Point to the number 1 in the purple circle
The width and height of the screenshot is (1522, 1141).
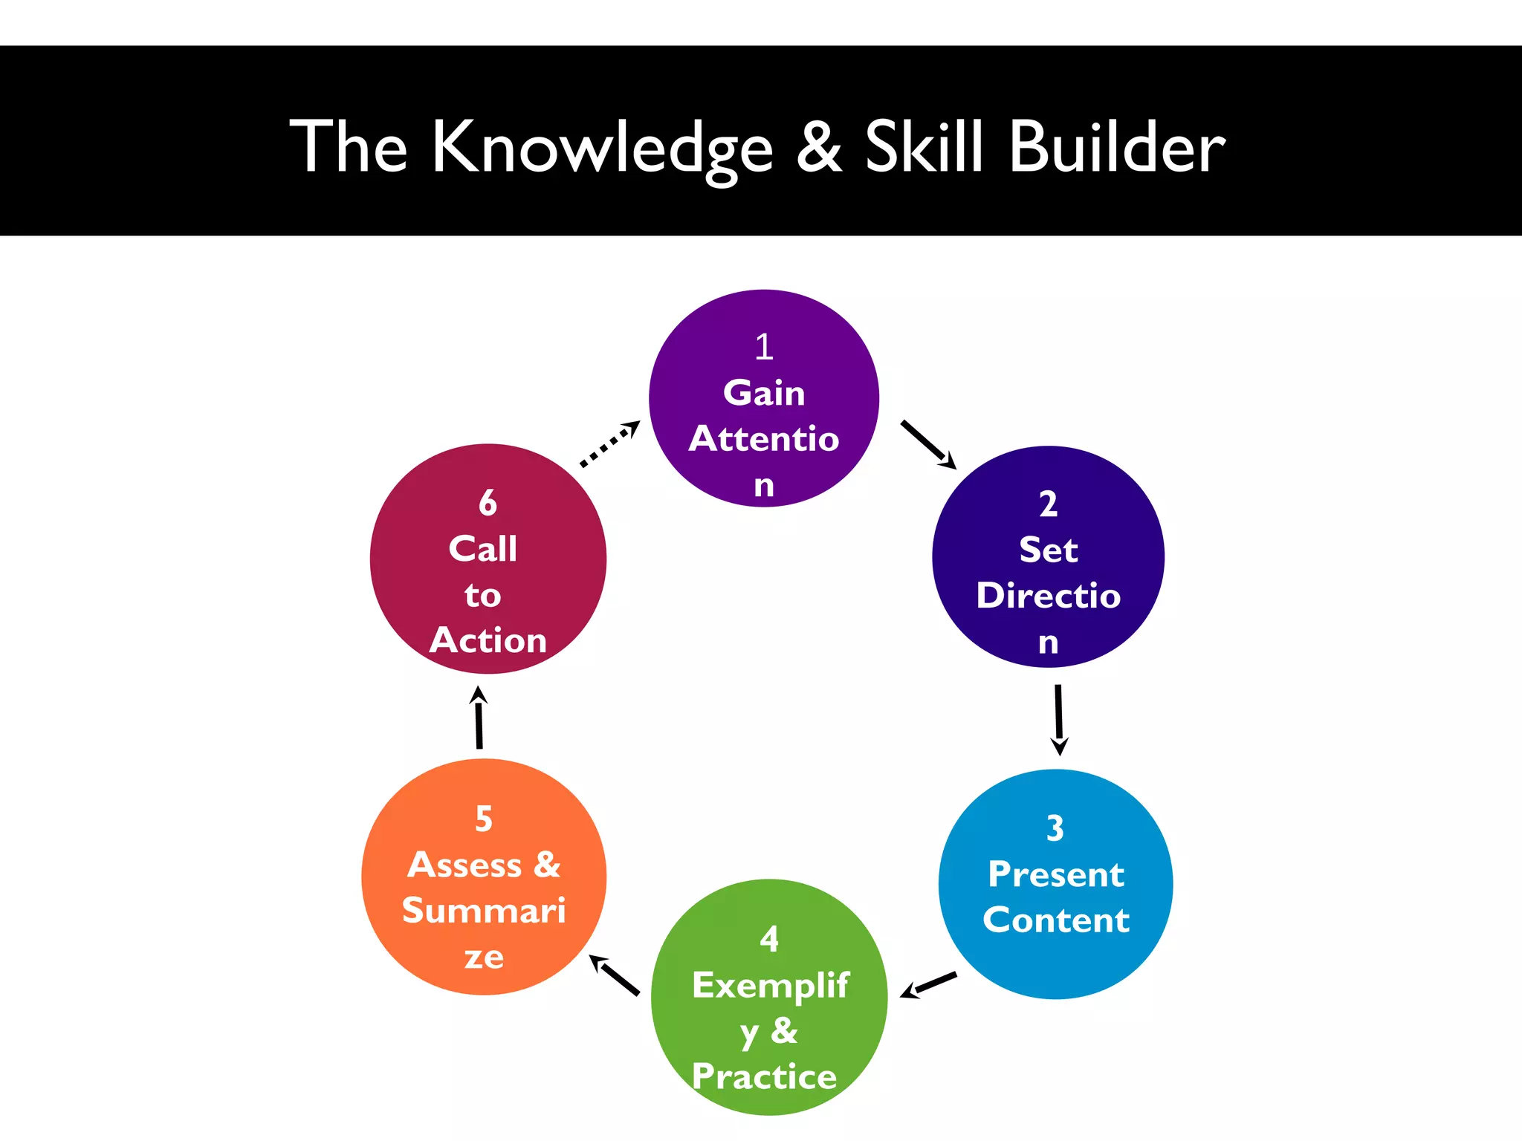point(764,347)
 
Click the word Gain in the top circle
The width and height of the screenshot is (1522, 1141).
point(764,393)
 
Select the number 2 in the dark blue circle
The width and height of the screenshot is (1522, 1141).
point(1048,504)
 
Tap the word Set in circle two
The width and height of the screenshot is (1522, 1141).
point(1048,550)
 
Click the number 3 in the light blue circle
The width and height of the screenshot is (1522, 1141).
point(1055,828)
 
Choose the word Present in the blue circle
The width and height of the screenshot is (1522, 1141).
point(1055,874)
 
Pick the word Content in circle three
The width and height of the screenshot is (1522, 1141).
point(1055,920)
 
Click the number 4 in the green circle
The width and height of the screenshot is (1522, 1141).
point(769,940)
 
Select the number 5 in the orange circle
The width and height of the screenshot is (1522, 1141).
point(484,819)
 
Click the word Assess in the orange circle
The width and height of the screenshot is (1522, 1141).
point(464,865)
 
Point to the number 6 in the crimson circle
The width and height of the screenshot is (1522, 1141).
point(488,504)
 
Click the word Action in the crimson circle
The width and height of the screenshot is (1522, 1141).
point(488,640)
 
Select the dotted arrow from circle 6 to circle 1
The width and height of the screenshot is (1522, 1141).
point(609,444)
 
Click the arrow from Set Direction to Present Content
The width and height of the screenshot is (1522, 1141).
point(1059,719)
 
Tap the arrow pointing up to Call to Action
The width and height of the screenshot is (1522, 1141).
point(479,718)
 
